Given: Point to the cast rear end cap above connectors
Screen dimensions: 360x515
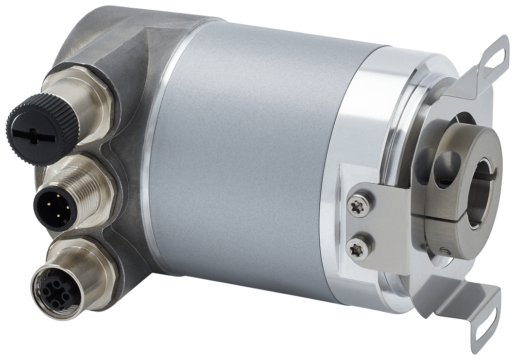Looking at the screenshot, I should click(103, 46).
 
